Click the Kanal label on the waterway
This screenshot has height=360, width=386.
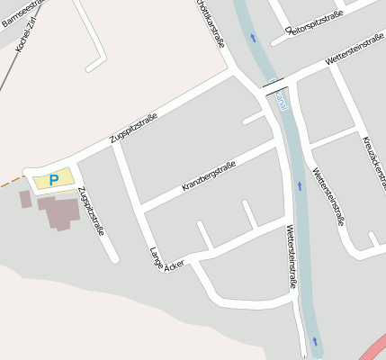click(282, 99)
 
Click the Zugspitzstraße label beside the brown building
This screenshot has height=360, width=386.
click(92, 210)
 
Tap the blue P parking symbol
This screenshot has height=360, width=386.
click(54, 180)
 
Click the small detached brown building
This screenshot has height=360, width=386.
click(25, 199)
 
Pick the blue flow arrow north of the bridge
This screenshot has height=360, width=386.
click(253, 37)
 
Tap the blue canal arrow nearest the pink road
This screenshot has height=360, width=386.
click(315, 341)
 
